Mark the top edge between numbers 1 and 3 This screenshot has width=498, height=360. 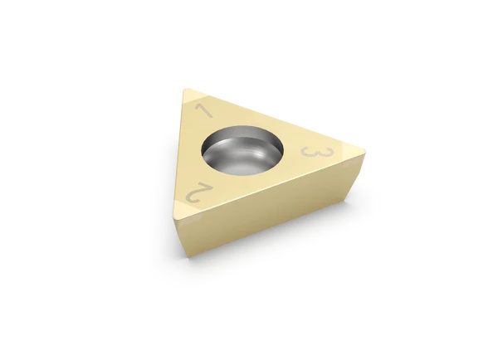274,119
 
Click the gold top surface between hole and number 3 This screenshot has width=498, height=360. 295,153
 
